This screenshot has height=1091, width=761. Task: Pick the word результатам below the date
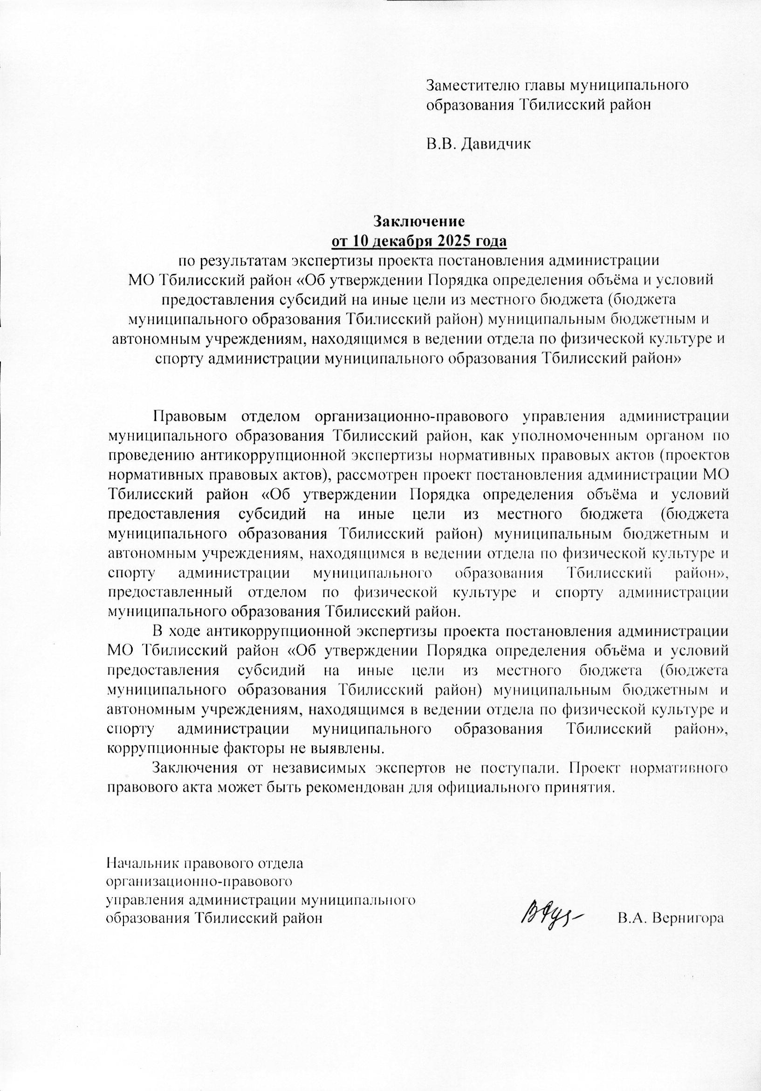[x=242, y=261]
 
